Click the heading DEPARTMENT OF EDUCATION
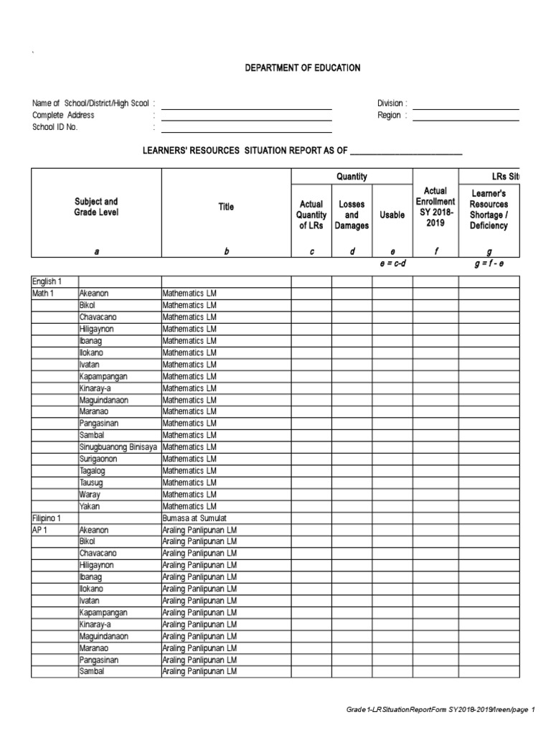pyautogui.click(x=302, y=68)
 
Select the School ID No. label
pyautogui.click(x=55, y=127)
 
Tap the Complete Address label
pyautogui.click(x=63, y=116)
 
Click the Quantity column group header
pyautogui.click(x=352, y=177)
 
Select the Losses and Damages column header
pyautogui.click(x=352, y=215)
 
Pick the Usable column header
pyautogui.click(x=392, y=215)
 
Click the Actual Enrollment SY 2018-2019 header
pyautogui.click(x=435, y=207)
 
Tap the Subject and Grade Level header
pyautogui.click(x=96, y=207)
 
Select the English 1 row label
pyautogui.click(x=47, y=282)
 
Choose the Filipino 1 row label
pyautogui.click(x=47, y=518)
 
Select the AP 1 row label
pyautogui.click(x=40, y=530)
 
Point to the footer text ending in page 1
pyautogui.click(x=441, y=710)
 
